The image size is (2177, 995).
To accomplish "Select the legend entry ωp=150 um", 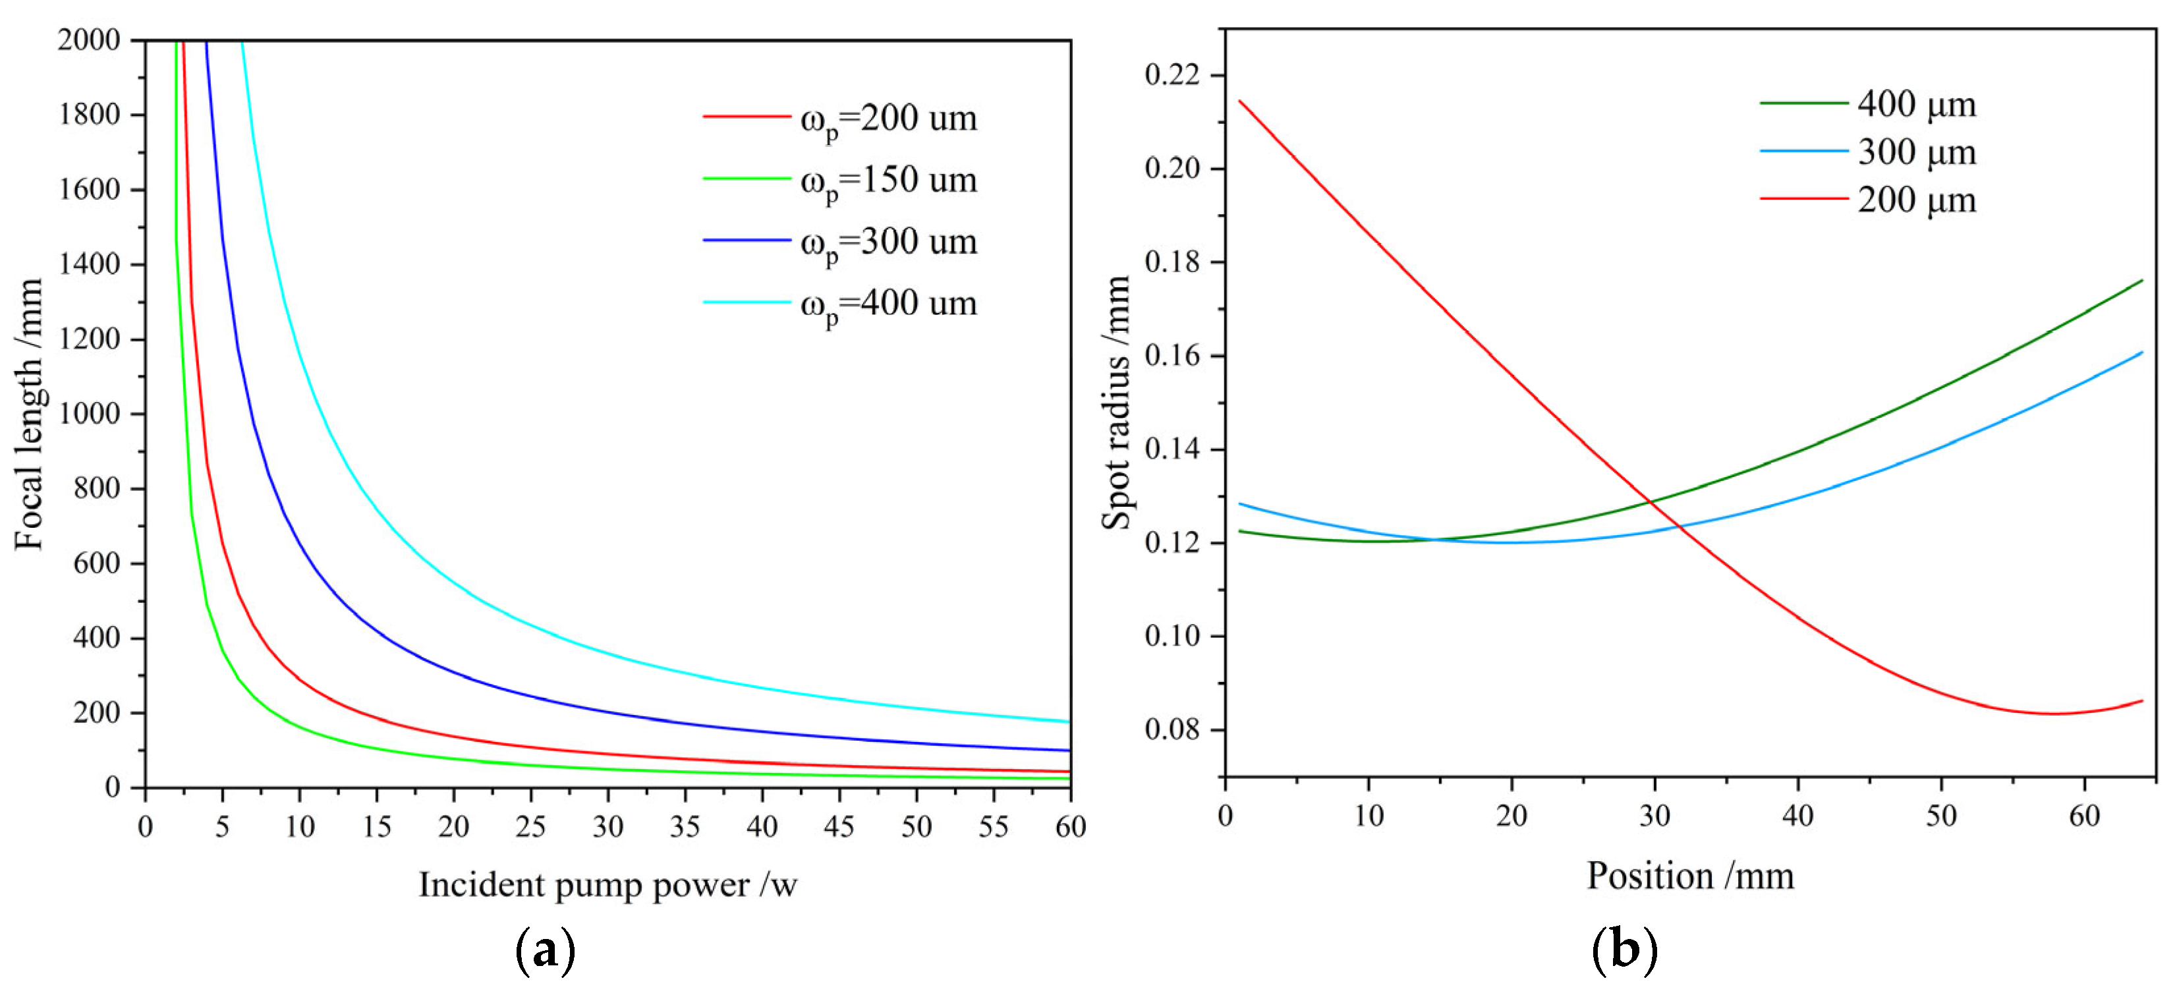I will coord(888,180).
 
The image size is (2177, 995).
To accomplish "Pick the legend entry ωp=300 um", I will coord(888,242).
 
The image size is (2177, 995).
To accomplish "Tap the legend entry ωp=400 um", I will coord(888,304).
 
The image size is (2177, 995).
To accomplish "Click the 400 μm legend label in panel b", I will coord(1916,105).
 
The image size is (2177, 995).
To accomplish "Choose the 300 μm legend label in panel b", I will coord(1916,153).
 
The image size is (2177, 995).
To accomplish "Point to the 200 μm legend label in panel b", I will coord(1916,201).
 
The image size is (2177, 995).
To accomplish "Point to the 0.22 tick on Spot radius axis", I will coord(1172,75).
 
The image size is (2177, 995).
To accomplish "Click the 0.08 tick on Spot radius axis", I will coord(1172,729).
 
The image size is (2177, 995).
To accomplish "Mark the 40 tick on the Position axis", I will coord(1797,816).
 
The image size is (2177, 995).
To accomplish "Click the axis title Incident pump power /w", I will coord(608,885).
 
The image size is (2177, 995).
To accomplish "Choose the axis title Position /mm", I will coord(1690,876).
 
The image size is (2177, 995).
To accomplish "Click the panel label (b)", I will coord(1624,950).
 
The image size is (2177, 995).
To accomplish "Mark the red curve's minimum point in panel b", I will coord(2049,714).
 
